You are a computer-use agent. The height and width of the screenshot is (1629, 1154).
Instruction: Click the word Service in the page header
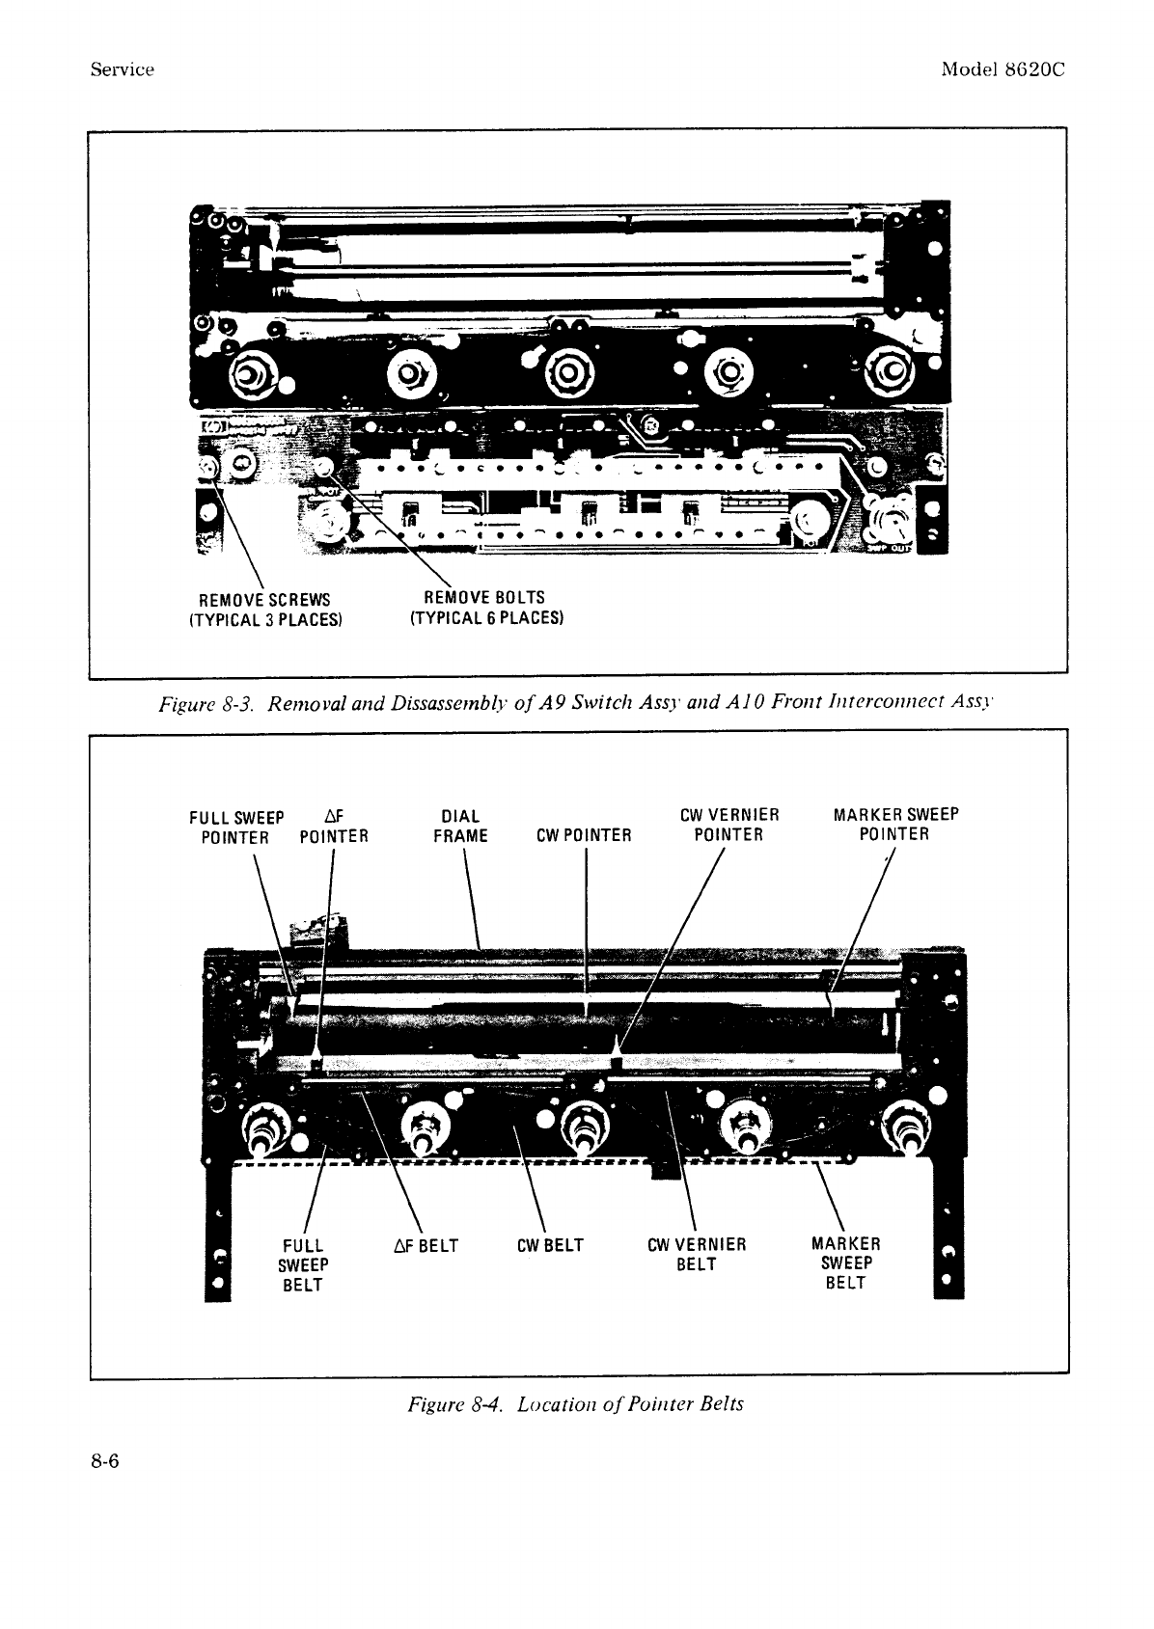(x=122, y=69)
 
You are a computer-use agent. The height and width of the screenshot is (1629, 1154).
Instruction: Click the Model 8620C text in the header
(x=1003, y=69)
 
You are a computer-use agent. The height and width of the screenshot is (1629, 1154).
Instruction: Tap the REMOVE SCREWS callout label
(x=264, y=608)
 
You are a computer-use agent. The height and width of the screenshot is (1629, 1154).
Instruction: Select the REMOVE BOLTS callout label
(x=486, y=607)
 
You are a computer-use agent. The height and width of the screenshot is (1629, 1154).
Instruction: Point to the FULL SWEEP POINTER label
(x=236, y=827)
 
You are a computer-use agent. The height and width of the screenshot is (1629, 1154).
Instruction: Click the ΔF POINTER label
(x=334, y=827)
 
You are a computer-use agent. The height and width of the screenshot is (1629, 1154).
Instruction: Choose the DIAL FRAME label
(x=460, y=827)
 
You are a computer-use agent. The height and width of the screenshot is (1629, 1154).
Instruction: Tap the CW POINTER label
(x=583, y=836)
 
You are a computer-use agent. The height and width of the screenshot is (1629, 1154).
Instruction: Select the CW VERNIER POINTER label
(x=728, y=825)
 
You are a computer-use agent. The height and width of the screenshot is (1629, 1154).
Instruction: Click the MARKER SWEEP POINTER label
(x=895, y=825)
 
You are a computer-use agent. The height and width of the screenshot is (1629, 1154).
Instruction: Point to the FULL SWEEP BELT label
(x=303, y=1264)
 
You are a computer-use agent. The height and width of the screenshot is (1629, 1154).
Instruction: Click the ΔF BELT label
(x=426, y=1245)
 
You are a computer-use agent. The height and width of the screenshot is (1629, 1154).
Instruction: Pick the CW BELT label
(x=550, y=1245)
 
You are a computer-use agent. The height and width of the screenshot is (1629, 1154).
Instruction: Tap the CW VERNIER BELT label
(x=696, y=1254)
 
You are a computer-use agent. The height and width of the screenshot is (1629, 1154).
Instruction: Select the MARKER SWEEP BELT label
(x=845, y=1262)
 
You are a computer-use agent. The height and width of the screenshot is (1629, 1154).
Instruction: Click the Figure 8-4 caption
(x=576, y=1403)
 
